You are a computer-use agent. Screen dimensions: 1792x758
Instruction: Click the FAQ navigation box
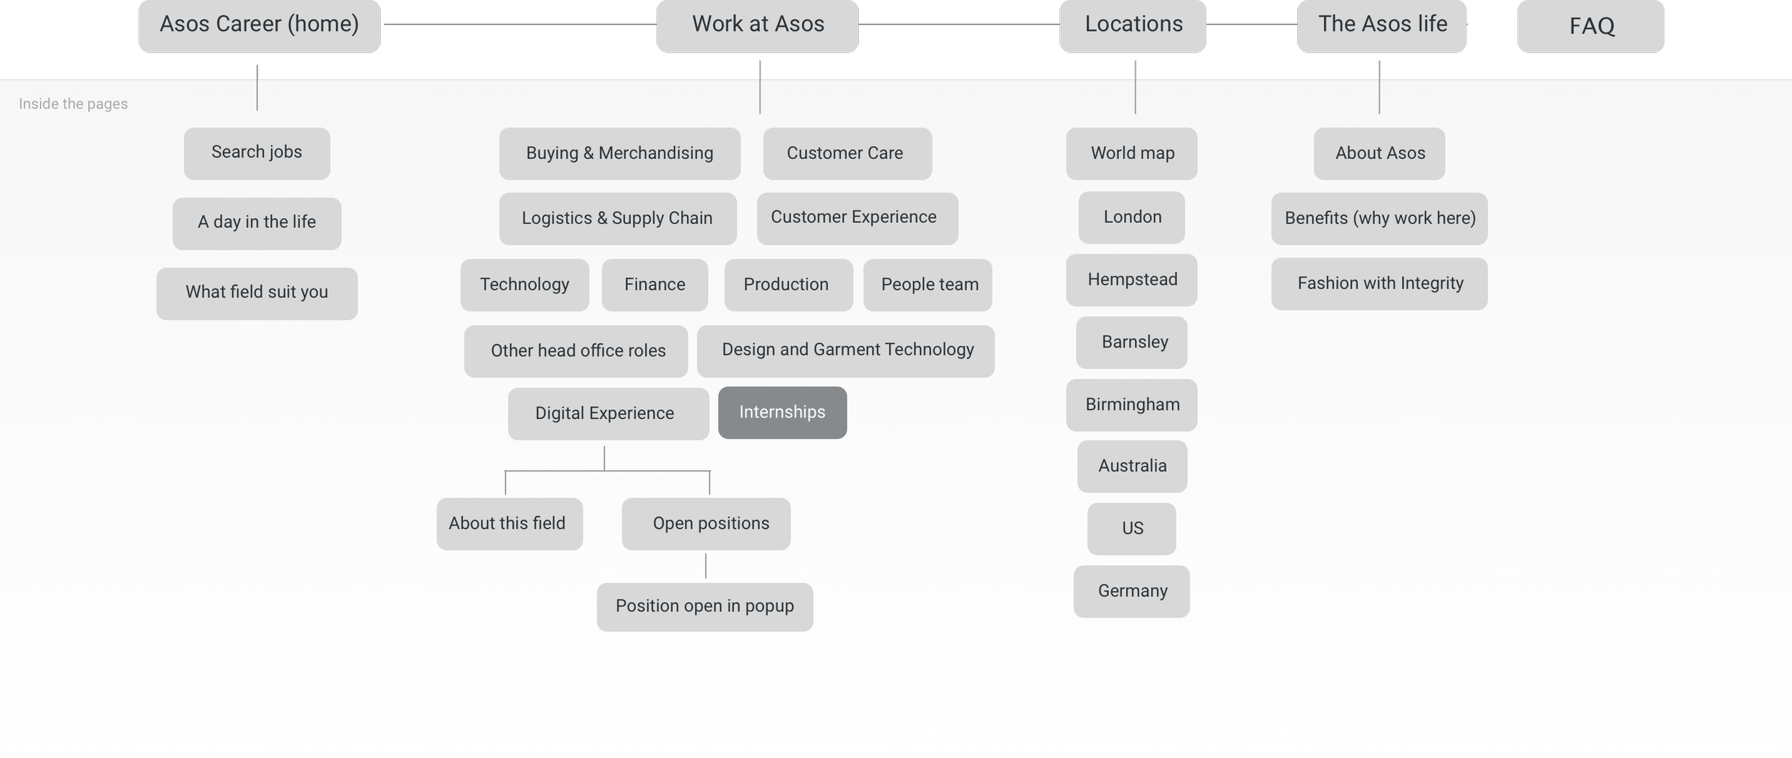1591,27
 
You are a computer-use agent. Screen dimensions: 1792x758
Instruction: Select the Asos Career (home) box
259,25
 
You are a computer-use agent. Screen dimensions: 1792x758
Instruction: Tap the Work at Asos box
758,25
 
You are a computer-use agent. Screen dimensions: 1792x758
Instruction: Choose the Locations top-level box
1133,25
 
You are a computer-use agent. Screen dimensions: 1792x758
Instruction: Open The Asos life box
1382,25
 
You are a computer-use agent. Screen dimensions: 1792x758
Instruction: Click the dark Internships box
782,413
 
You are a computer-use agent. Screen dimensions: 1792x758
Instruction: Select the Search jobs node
257,153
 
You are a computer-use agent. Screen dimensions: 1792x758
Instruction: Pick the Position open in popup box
705,607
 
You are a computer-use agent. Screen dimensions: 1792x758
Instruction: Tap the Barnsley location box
1132,342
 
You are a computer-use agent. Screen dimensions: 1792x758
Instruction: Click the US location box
1131,529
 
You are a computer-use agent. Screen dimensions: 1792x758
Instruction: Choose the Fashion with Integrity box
1379,284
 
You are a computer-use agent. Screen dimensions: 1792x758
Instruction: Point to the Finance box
654,285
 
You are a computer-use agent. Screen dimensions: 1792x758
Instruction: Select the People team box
928,285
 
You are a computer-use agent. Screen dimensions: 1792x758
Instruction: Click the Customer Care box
847,153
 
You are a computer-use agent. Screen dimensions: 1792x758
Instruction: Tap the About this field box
510,524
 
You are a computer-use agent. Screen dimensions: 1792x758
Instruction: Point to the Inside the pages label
73,104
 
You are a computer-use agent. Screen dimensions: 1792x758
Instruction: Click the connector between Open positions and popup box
705,566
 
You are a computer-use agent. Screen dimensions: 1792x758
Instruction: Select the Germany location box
1131,591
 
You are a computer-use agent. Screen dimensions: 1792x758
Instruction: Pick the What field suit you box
257,294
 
